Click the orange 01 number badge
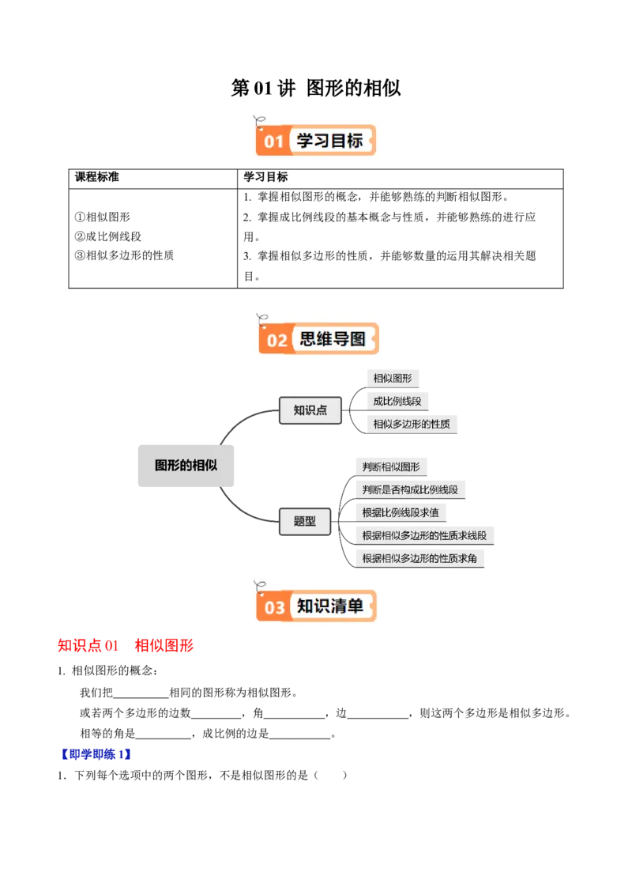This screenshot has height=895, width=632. pyautogui.click(x=273, y=142)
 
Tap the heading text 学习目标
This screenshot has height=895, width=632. pyautogui.click(x=329, y=142)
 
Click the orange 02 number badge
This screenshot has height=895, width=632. pyautogui.click(x=276, y=341)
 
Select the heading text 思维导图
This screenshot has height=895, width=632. pyautogui.click(x=333, y=340)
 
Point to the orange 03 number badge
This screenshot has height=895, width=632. pyautogui.click(x=274, y=607)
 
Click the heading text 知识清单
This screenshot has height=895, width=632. pyautogui.click(x=330, y=606)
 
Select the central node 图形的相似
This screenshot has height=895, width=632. pyautogui.click(x=186, y=465)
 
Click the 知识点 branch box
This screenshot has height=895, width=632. pyautogui.click(x=310, y=410)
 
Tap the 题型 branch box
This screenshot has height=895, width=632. pyautogui.click(x=304, y=521)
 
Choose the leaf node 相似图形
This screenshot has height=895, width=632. pyautogui.click(x=393, y=379)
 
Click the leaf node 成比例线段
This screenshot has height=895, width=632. pyautogui.click(x=397, y=401)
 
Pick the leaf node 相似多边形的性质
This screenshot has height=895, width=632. pyautogui.click(x=412, y=424)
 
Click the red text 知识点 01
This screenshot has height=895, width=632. pyautogui.click(x=88, y=646)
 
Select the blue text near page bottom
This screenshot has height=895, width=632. pyautogui.click(x=96, y=755)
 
